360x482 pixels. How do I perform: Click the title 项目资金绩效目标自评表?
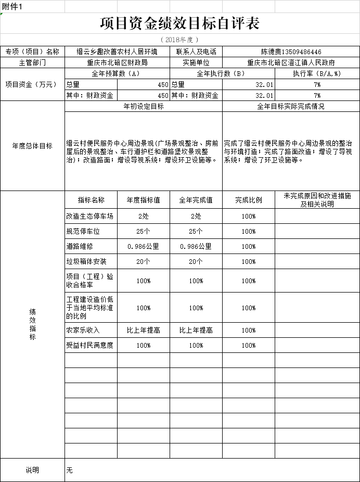click(x=179, y=23)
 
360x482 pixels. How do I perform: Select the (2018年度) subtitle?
click(x=179, y=40)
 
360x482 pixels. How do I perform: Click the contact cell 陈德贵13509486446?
click(x=291, y=52)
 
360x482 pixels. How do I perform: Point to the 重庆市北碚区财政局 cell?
click(x=117, y=62)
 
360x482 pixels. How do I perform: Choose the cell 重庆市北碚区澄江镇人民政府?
click(x=291, y=62)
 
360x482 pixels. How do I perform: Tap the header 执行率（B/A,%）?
click(x=317, y=73)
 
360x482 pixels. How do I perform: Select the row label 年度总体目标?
click(x=32, y=146)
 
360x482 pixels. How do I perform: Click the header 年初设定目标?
click(x=143, y=106)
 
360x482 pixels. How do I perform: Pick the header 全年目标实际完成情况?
click(x=291, y=106)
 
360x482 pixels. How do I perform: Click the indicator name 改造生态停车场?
click(x=89, y=216)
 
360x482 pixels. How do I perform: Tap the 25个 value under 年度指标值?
click(x=144, y=231)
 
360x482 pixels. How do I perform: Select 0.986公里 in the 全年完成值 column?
click(x=196, y=246)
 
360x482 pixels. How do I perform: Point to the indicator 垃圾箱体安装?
click(x=86, y=261)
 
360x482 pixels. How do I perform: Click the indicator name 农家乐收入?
click(x=82, y=330)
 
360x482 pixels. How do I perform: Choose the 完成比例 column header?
click(x=248, y=200)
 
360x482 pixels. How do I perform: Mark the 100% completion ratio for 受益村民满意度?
click(x=248, y=345)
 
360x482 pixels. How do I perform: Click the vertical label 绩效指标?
click(x=32, y=324)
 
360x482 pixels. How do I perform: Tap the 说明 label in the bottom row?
click(x=32, y=470)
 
